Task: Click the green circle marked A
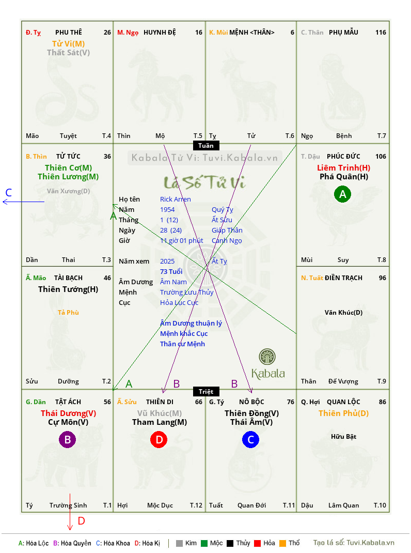tap(342, 194)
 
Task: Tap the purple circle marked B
tap(67, 439)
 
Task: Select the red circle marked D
tap(159, 439)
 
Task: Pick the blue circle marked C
tap(250, 439)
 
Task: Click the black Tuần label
tap(206, 146)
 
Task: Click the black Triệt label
tap(206, 391)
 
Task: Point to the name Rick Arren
tap(175, 199)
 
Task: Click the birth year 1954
tap(167, 209)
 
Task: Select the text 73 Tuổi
tap(171, 271)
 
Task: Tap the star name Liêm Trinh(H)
tap(343, 168)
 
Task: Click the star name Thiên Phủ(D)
tap(343, 413)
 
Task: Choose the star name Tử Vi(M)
tap(68, 44)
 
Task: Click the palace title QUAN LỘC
tap(343, 402)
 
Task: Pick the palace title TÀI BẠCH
tap(68, 278)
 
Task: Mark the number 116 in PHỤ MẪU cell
tap(381, 33)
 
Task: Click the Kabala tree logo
tap(267, 357)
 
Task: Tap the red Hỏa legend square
tap(257, 543)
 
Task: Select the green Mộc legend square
tap(204, 543)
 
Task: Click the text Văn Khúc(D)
tap(343, 313)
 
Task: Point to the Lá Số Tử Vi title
tap(205, 182)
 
